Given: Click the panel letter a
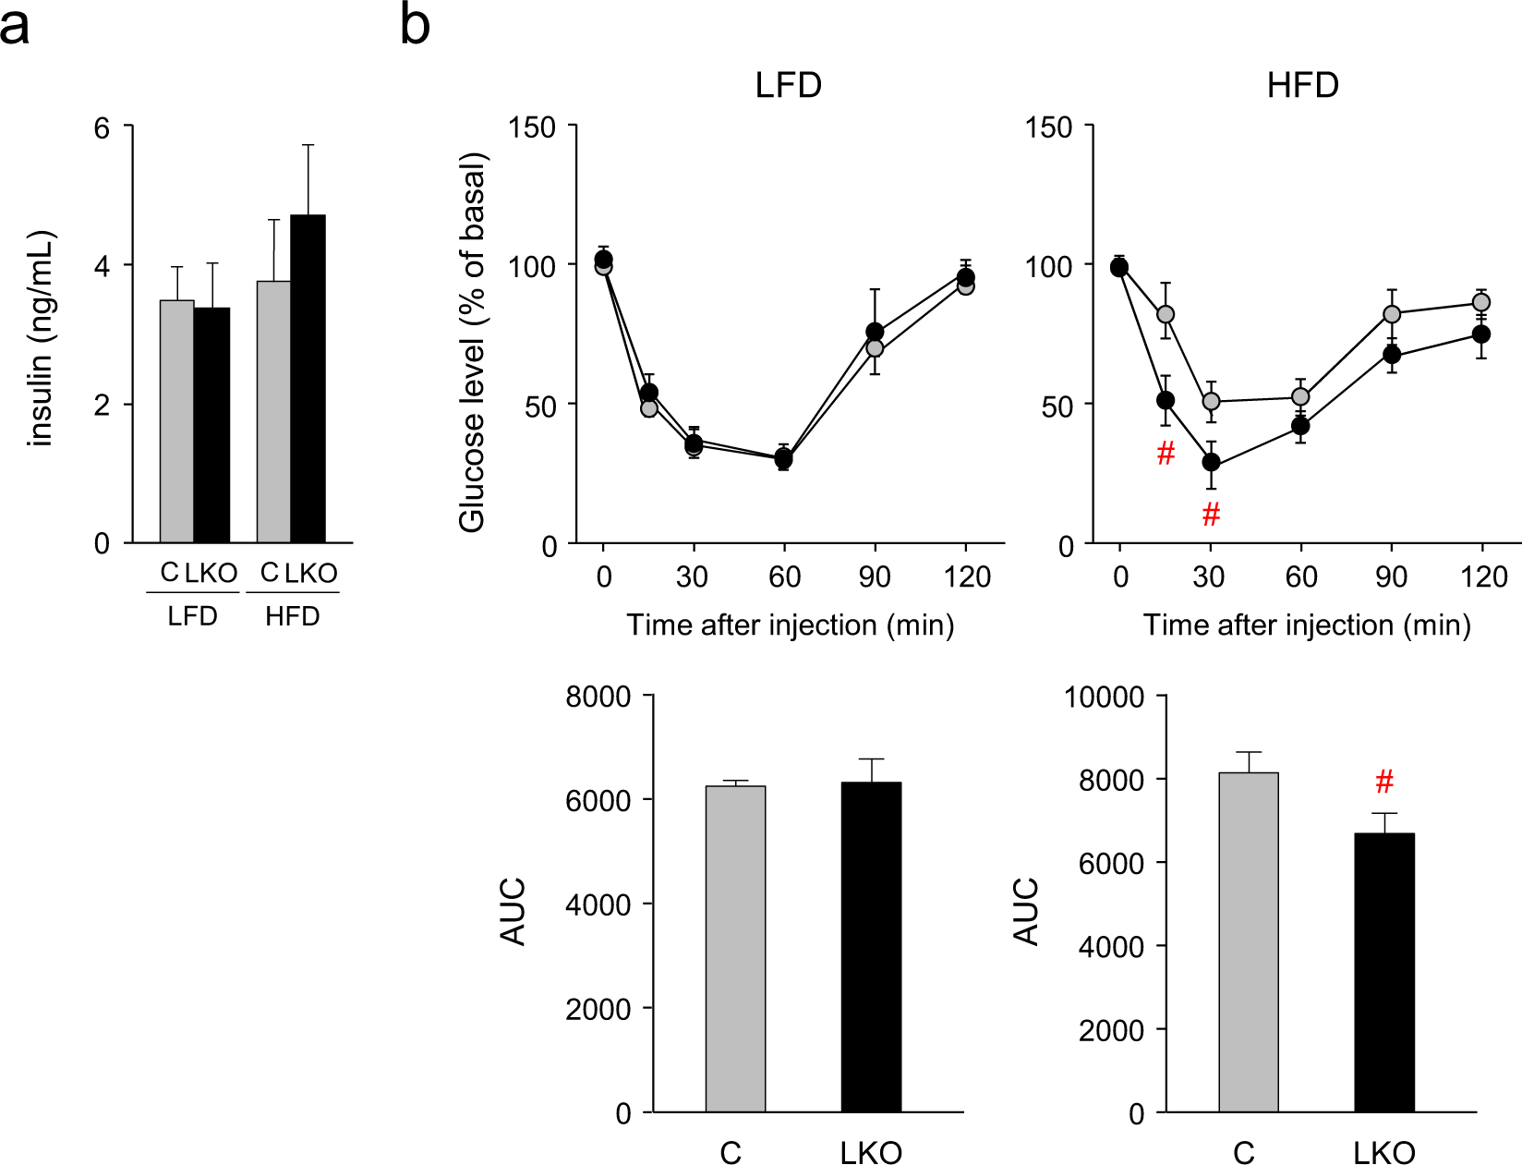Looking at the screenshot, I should tap(15, 26).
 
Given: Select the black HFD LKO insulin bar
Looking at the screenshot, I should tap(308, 379).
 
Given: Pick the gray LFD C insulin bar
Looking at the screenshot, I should tap(176, 421).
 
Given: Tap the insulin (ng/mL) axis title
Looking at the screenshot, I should tap(42, 338).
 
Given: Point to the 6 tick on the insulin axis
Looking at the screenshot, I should tap(103, 127).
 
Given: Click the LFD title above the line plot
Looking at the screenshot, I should tap(788, 85).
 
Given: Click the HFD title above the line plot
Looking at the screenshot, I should tap(1302, 85).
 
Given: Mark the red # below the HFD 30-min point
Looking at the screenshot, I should tap(1211, 514).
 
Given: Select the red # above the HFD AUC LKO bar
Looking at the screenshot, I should tap(1383, 783).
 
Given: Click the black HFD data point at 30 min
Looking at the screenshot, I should tap(1211, 462).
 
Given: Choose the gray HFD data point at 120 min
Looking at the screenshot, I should tap(1480, 302).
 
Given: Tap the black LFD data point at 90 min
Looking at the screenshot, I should tap(875, 332).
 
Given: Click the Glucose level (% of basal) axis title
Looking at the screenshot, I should tap(472, 342).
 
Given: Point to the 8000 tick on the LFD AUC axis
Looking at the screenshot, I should tap(598, 696).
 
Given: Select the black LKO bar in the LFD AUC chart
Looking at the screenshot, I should tap(871, 947).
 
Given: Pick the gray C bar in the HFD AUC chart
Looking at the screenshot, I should tap(1249, 942).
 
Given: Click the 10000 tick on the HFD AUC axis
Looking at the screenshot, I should tap(1104, 696).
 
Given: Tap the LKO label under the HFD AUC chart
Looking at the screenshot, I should tap(1383, 1152).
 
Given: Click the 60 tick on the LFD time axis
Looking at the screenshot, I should tap(784, 576).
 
